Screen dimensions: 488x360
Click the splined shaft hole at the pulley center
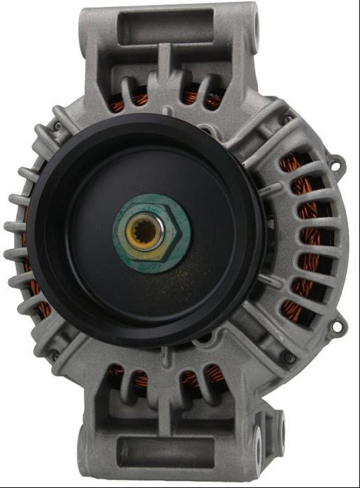pos(146,234)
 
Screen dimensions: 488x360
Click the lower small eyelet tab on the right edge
pos(338,326)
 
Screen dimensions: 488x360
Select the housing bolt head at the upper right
pos(286,120)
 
